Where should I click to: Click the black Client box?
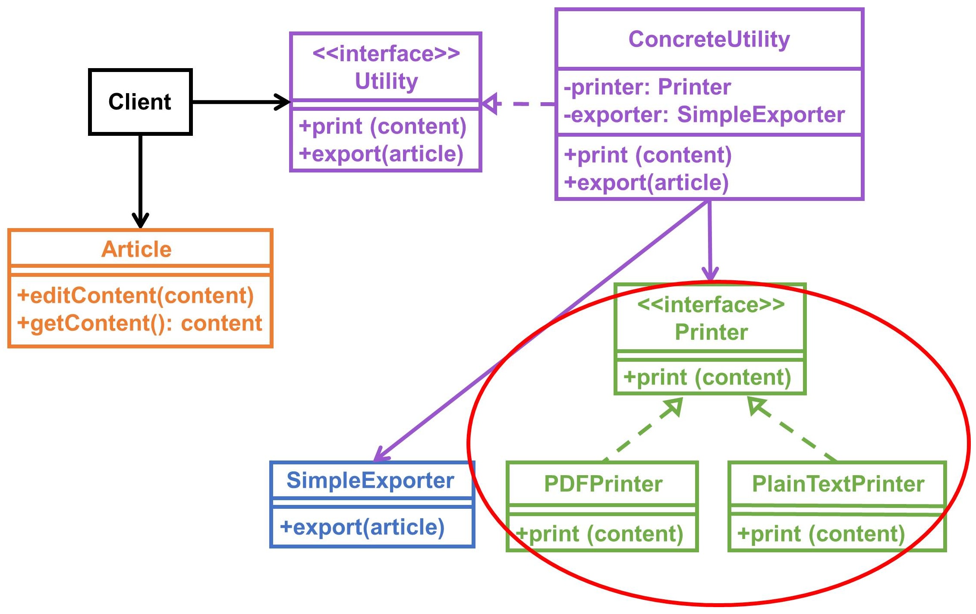click(140, 102)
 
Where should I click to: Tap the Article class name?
click(136, 249)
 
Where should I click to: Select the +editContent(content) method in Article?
click(135, 296)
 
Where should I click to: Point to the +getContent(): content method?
click(139, 323)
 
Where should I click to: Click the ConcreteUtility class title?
click(709, 39)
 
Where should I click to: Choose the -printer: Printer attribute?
click(647, 87)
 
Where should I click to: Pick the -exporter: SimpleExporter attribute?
click(704, 115)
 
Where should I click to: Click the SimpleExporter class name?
click(370, 480)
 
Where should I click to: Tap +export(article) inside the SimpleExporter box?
click(362, 527)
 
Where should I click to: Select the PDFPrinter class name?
click(603, 484)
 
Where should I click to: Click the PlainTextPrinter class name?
click(838, 484)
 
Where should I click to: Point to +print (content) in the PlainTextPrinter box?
click(821, 534)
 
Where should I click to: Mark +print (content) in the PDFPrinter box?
click(600, 534)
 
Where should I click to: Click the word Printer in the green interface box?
click(711, 332)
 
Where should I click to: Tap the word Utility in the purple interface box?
click(386, 81)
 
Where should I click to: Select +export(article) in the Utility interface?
click(381, 154)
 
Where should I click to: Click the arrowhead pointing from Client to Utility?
click(283, 102)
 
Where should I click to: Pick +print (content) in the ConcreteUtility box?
click(648, 155)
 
